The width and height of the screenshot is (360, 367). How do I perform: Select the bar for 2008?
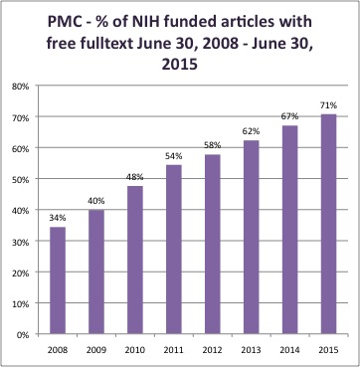click(58, 280)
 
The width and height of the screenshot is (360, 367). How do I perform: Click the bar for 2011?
click(174, 250)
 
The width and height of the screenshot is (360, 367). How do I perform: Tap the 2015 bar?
click(328, 224)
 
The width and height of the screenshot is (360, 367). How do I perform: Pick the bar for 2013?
click(251, 237)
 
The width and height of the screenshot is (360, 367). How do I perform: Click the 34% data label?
click(58, 218)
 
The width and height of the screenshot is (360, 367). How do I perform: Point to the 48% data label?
click(135, 177)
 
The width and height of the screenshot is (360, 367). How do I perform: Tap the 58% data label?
click(213, 145)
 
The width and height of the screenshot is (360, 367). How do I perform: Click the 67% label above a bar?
click(290, 116)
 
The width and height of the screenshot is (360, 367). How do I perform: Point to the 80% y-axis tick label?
click(22, 87)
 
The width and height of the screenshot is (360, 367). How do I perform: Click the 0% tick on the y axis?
click(24, 334)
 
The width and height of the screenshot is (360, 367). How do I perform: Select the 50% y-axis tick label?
click(22, 179)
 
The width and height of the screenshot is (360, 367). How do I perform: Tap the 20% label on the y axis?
click(22, 273)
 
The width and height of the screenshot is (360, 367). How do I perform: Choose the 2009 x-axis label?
click(96, 350)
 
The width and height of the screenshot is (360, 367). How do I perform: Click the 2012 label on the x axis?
click(213, 350)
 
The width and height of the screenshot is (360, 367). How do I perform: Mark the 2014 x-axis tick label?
click(290, 350)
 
